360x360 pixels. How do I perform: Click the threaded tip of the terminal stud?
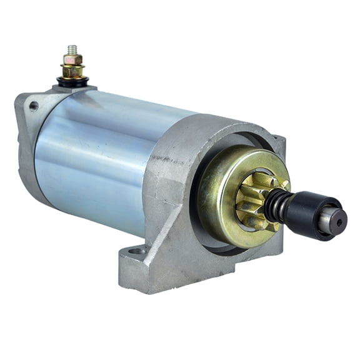(71, 49)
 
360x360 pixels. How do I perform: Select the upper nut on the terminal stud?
(72, 60)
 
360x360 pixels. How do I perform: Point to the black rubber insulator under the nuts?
(73, 81)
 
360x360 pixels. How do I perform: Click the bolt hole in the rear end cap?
(33, 107)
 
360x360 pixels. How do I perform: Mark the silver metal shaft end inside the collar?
(334, 220)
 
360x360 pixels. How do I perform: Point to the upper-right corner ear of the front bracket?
(278, 144)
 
